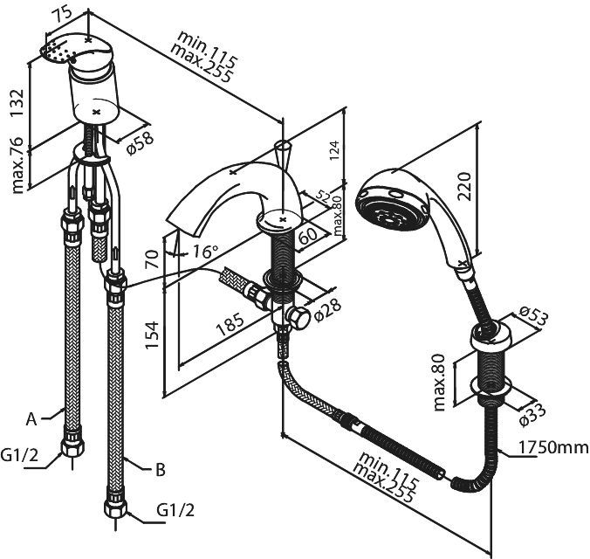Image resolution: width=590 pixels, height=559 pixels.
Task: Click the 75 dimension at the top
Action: tap(63, 14)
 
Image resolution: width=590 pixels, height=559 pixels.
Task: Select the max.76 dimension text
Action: tap(17, 166)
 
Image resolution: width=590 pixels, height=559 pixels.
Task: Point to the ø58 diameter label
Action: tap(140, 143)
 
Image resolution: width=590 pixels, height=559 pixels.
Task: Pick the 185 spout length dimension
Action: tap(230, 324)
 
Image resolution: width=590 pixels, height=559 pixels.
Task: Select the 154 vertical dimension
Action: tap(152, 335)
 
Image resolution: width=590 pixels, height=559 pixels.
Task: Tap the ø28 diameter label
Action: tap(326, 310)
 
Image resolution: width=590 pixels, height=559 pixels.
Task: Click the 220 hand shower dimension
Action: tap(466, 186)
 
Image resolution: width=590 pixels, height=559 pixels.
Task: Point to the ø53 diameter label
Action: tap(533, 314)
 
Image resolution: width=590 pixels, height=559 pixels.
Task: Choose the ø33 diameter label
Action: tap(532, 414)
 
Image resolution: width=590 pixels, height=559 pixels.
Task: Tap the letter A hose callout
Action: tap(31, 419)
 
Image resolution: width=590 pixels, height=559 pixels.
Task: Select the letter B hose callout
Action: tap(161, 470)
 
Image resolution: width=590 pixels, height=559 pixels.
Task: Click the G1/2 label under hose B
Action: tap(175, 510)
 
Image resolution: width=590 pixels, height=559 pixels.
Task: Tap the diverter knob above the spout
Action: tap(282, 154)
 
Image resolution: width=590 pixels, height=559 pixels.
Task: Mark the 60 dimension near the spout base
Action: tap(309, 237)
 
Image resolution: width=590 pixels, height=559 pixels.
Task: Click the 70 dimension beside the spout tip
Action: tap(152, 259)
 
